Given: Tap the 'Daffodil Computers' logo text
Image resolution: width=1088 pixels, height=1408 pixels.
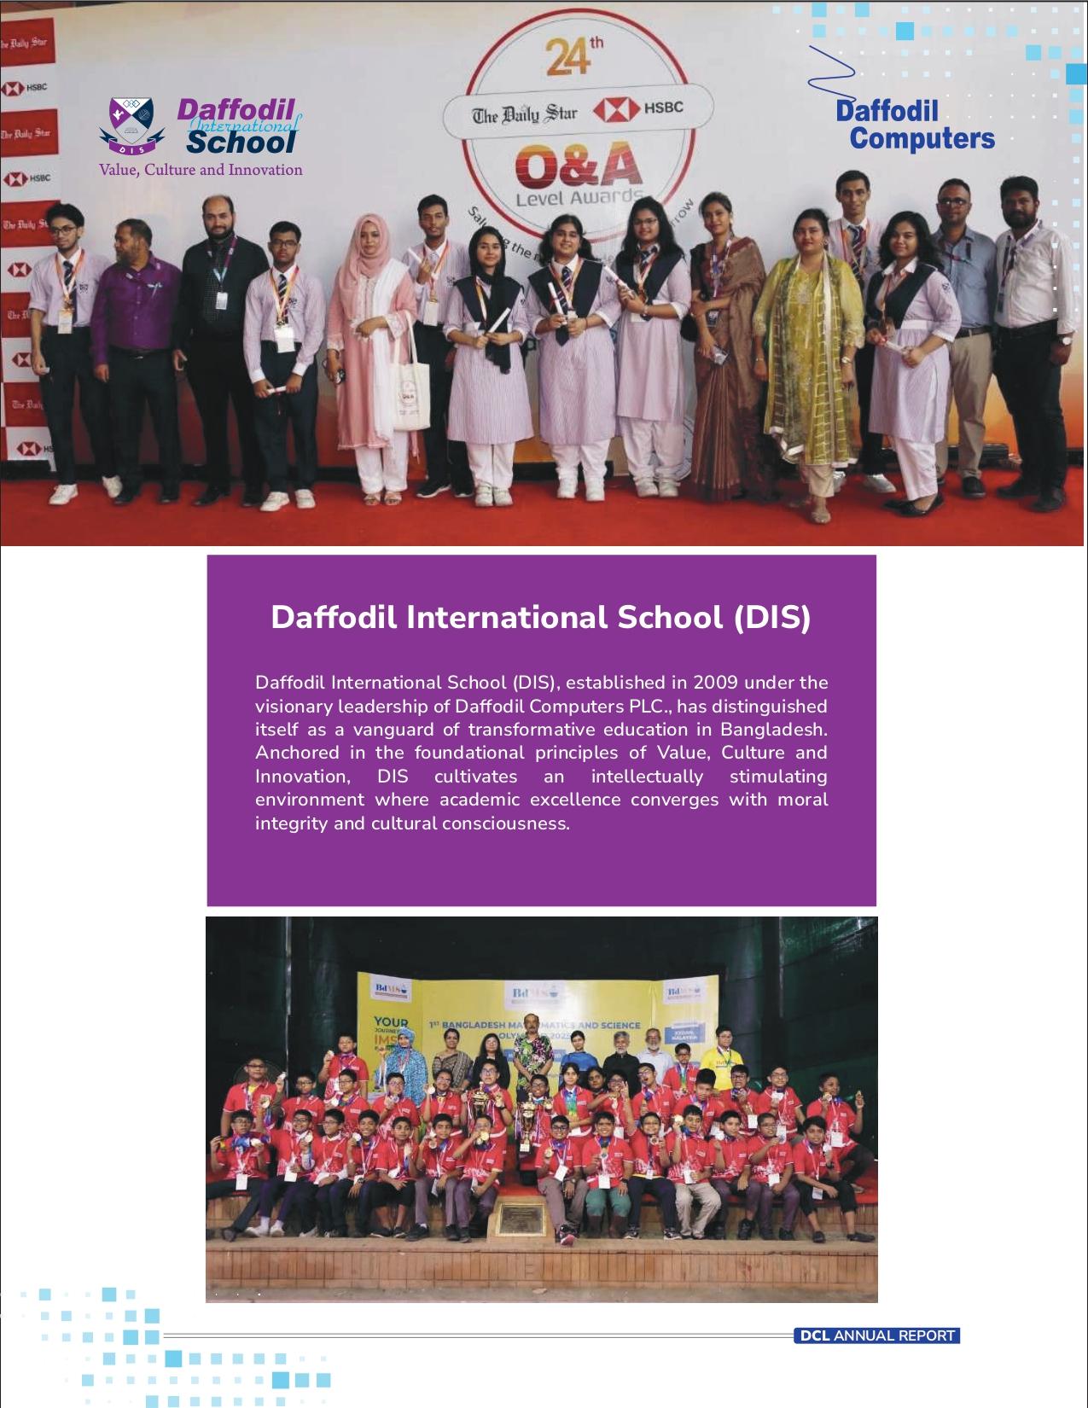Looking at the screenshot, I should coord(914,125).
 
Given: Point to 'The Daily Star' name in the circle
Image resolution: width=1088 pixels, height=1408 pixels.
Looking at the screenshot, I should coord(525,113).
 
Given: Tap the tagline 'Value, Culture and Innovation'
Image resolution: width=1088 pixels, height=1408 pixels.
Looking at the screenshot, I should coord(201,170).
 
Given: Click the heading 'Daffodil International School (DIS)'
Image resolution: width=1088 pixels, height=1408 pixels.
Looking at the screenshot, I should coord(540,617).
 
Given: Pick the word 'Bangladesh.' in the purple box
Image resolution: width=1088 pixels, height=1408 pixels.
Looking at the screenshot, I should coord(774,730).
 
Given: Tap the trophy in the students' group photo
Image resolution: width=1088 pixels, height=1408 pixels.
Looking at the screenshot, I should coord(531,1126).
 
